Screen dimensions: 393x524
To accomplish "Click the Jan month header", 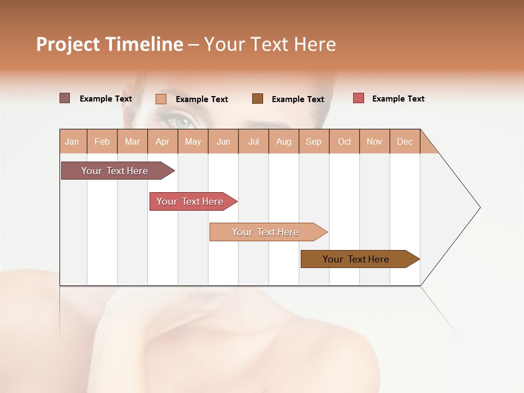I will (73, 141).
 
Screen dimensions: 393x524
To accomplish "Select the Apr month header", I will (163, 141).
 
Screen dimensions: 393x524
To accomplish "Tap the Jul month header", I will (253, 141).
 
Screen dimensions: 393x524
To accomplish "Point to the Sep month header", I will (314, 141).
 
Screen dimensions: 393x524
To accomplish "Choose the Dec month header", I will (404, 141).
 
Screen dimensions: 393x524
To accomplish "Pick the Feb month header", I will (102, 141).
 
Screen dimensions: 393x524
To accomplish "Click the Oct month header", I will (344, 141).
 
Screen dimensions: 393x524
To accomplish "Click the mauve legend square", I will (65, 98).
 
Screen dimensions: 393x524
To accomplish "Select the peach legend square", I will (161, 99).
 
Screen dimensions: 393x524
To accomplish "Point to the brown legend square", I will (258, 98).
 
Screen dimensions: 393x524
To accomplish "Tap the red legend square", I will (359, 98).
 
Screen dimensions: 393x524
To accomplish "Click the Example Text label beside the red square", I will (398, 99).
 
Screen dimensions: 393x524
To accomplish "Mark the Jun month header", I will (223, 141).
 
